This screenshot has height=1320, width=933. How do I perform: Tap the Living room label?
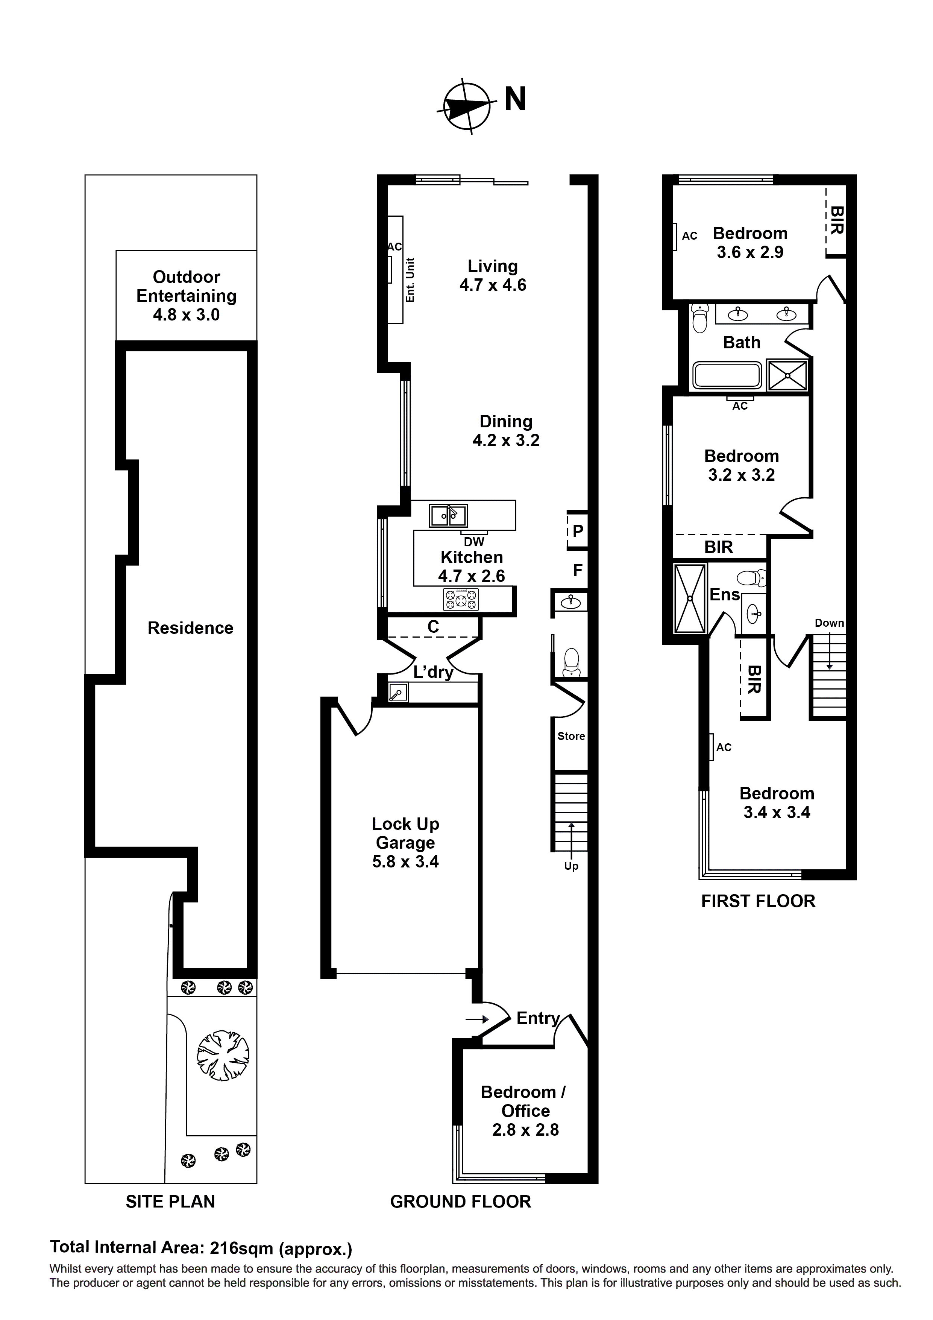click(493, 275)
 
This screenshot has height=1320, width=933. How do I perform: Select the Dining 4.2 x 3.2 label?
click(506, 431)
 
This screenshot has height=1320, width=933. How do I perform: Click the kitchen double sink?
click(448, 516)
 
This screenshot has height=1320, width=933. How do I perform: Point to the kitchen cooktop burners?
click(460, 600)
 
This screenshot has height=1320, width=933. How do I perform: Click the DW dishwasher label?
click(474, 542)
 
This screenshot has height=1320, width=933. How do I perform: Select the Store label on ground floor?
click(571, 736)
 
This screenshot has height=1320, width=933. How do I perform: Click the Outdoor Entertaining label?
click(186, 296)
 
